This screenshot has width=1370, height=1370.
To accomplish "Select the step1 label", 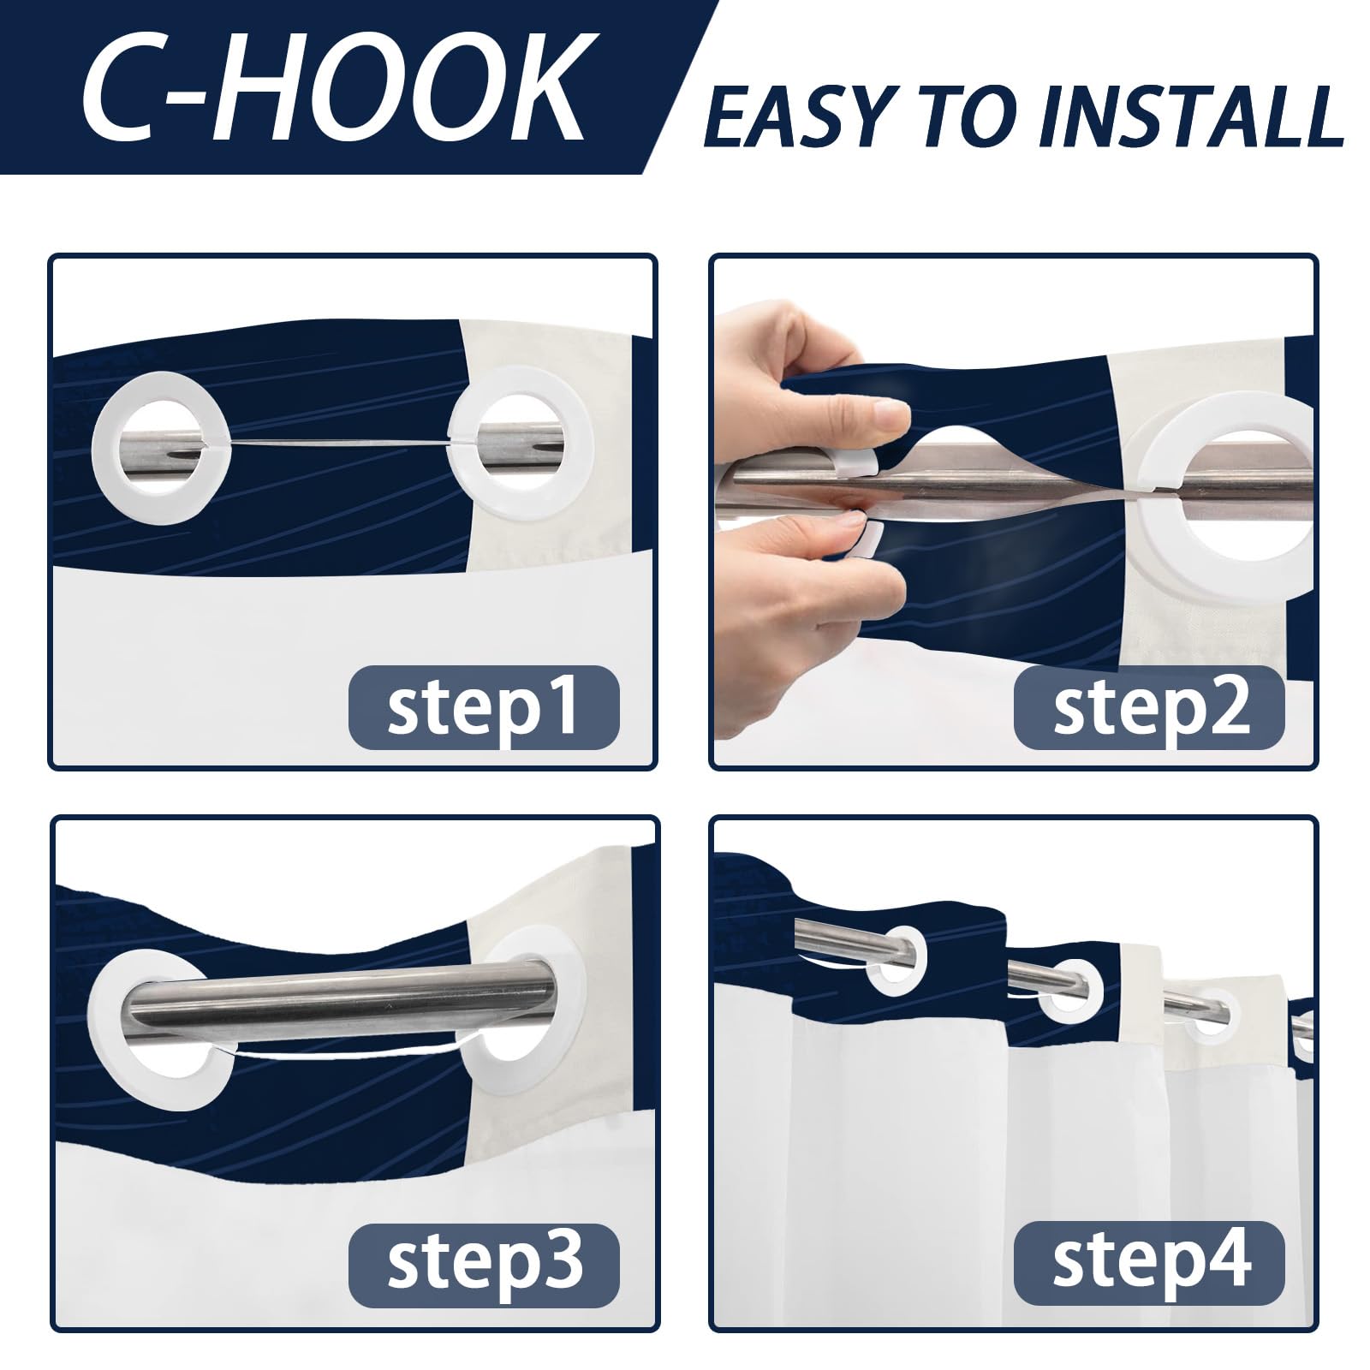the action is point(483,708).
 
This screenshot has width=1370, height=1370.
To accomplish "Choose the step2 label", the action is point(1149,708).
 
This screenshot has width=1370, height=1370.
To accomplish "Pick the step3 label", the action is point(483,1265).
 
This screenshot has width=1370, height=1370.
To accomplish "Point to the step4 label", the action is point(1149,1265).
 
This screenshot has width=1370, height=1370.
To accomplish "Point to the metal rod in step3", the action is point(342,997).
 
